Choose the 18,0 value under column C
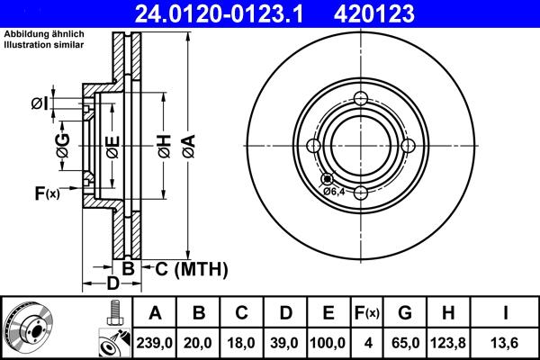coord(242,342)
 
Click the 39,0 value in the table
coord(285,342)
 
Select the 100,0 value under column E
coord(328,342)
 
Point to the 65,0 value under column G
coord(405,342)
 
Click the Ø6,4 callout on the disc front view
coord(335,191)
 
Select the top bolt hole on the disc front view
coord(361,99)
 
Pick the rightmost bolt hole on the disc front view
coord(407,146)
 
